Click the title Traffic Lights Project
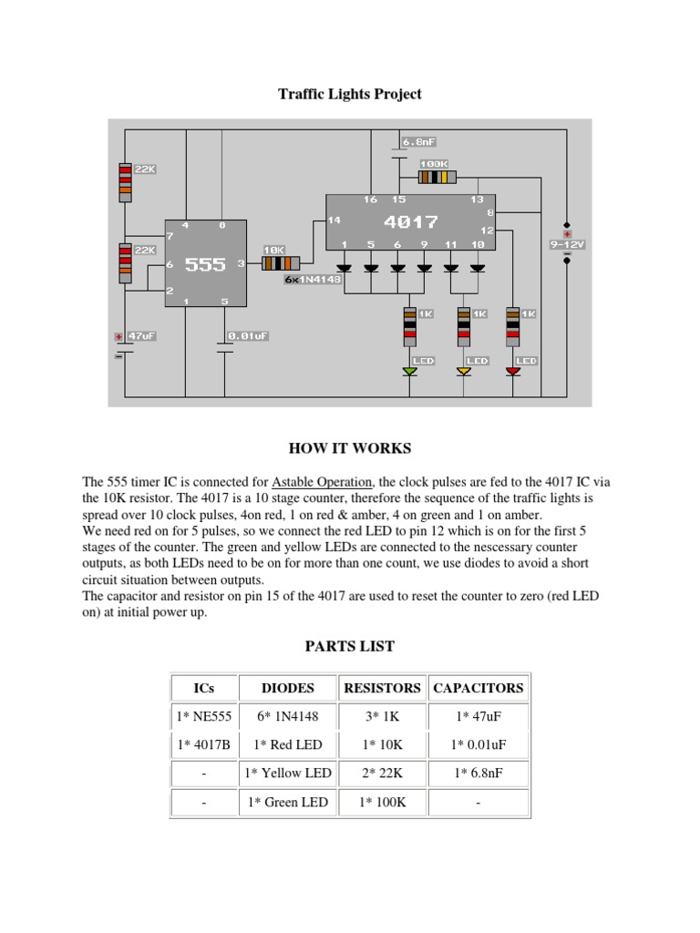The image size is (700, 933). tap(350, 94)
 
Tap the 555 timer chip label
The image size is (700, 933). tap(205, 264)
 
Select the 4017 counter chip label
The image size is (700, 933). tap(410, 221)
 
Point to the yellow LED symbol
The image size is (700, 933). tap(463, 371)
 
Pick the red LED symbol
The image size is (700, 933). tap(512, 371)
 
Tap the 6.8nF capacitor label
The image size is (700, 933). tap(419, 142)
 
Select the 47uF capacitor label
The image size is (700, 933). tap(142, 336)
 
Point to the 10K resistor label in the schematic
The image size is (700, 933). tap(274, 249)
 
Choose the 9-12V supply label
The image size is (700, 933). tap(566, 244)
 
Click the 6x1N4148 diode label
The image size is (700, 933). tap(313, 279)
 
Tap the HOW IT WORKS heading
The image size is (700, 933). tap(350, 448)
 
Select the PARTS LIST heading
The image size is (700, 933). tap(349, 646)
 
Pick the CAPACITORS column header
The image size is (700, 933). tap(479, 688)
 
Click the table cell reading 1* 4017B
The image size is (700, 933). tap(203, 743)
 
